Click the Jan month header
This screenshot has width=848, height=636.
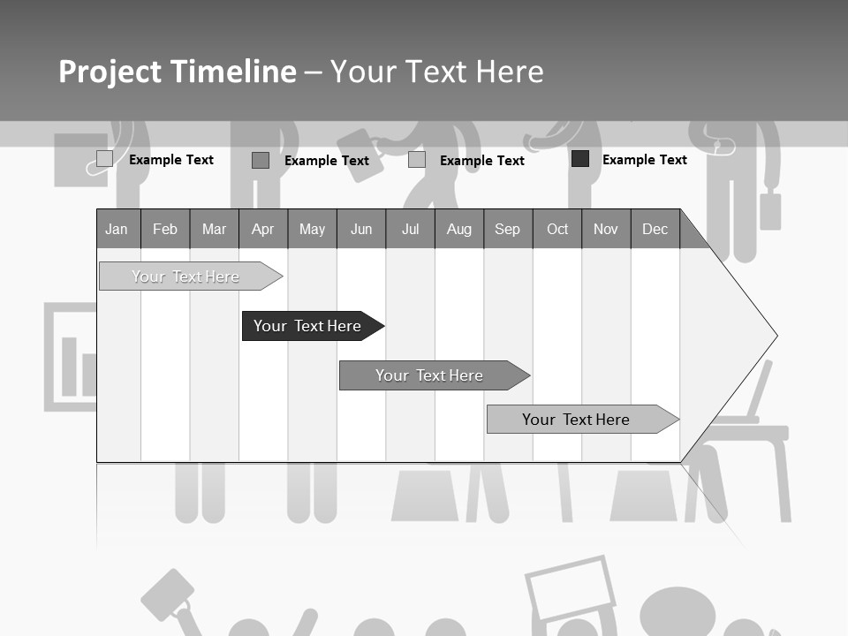117,229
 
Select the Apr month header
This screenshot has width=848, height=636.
262,229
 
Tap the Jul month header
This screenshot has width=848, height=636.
410,229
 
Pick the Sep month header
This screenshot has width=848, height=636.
507,229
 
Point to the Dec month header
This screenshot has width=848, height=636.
655,229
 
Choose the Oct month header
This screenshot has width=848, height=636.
556,229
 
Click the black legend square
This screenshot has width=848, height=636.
580,159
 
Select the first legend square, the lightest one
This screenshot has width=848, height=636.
104,159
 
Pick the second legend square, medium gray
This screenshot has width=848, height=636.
260,160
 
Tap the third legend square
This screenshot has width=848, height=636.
417,160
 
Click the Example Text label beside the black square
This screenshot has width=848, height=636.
644,159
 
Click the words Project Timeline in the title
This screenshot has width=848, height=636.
177,72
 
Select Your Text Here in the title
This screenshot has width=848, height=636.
436,72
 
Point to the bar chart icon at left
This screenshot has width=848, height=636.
71,357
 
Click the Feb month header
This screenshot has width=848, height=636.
165,229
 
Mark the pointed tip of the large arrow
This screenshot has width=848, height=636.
776,336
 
